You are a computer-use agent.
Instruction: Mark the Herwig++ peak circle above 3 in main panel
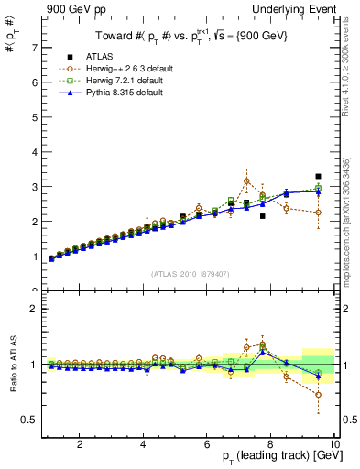click(246, 181)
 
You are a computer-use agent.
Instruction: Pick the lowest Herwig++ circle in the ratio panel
click(318, 395)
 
